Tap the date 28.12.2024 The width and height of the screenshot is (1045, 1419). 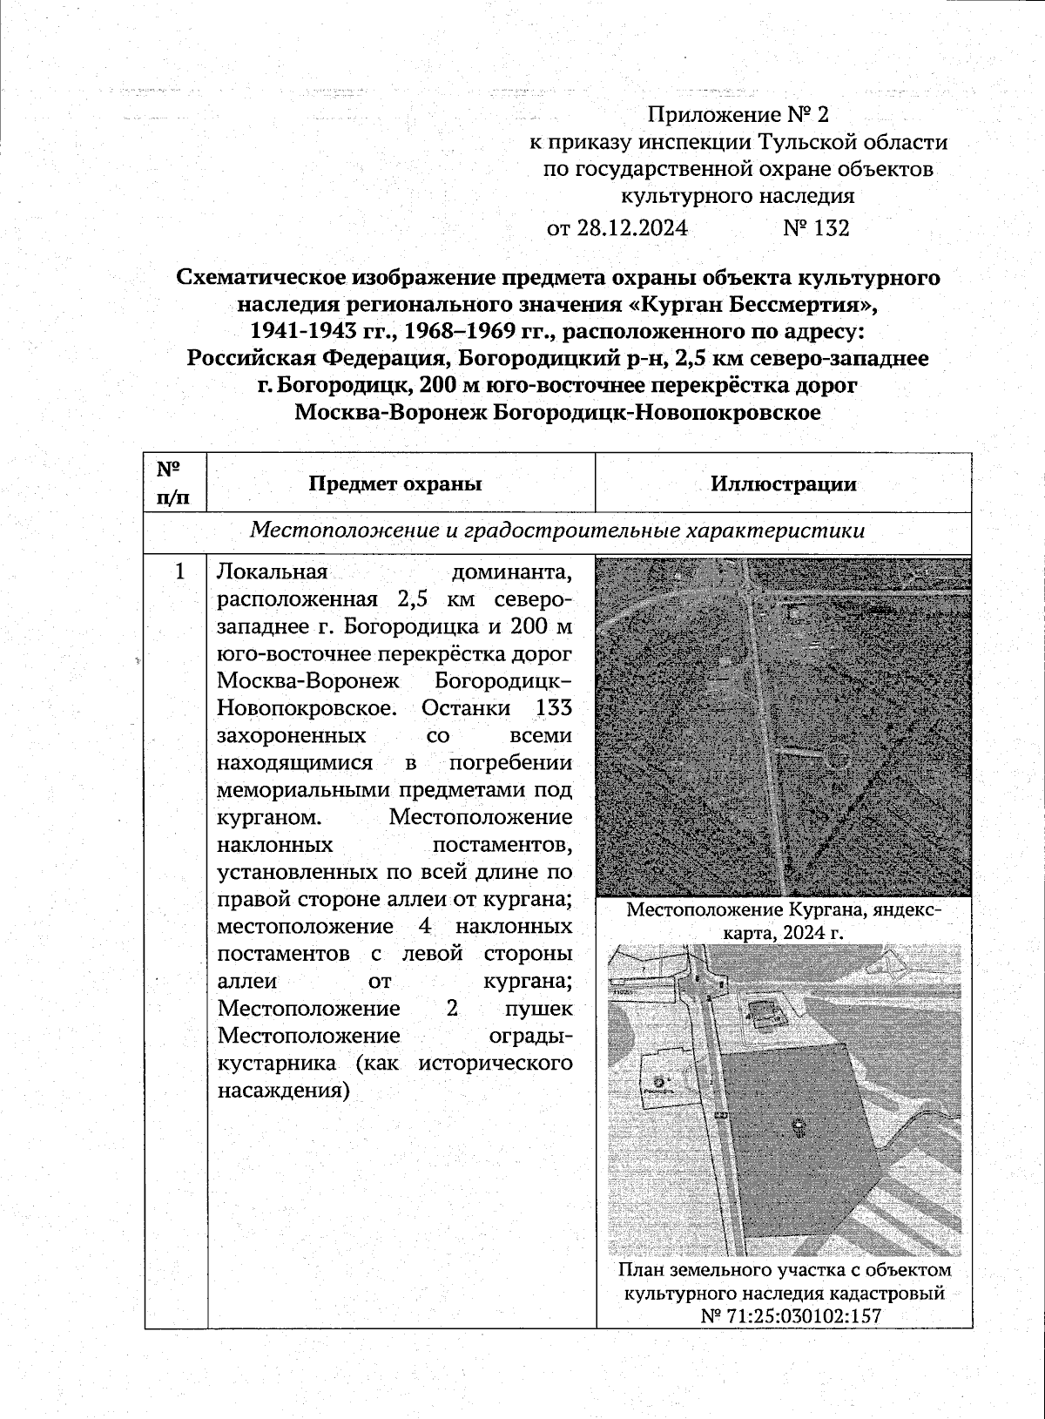click(631, 228)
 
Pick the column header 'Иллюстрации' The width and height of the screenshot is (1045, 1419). click(783, 484)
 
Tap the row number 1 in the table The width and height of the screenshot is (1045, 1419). click(179, 572)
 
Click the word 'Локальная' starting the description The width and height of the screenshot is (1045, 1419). click(272, 572)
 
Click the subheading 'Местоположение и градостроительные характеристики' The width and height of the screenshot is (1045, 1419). click(557, 531)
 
